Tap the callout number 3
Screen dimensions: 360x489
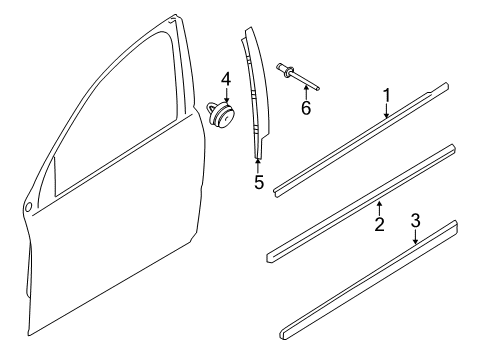tap(415, 249)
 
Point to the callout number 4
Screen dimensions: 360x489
tap(225, 78)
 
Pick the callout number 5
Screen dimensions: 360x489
tap(258, 182)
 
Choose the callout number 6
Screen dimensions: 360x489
tap(307, 107)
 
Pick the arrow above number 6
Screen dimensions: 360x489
tap(304, 91)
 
